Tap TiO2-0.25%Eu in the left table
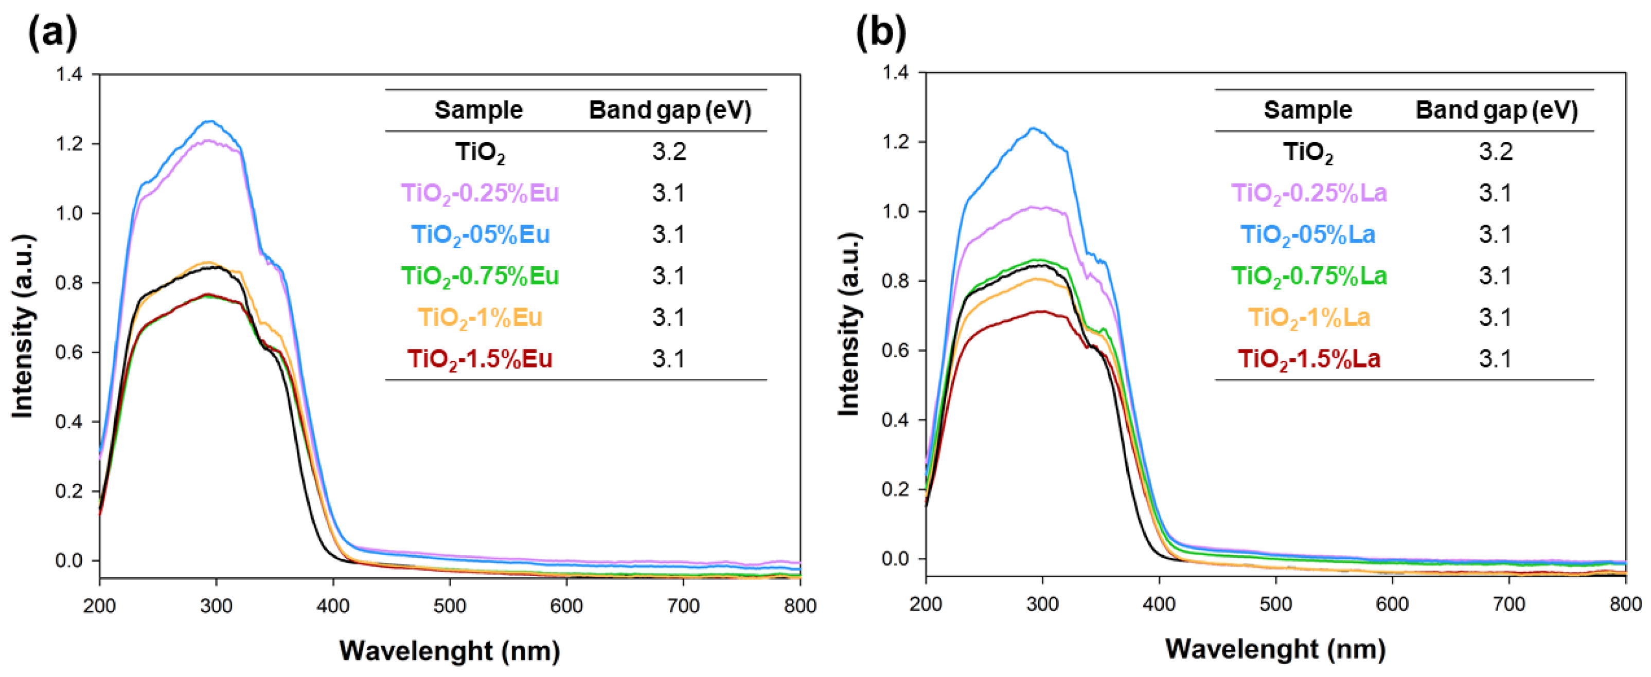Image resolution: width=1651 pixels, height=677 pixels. tap(480, 193)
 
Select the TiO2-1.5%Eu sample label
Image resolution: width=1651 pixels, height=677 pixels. tap(480, 359)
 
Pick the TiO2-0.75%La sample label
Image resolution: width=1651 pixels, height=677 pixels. tap(1309, 276)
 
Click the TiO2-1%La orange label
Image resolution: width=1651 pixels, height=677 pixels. tap(1309, 318)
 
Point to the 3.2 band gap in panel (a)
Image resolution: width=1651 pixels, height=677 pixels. tap(669, 152)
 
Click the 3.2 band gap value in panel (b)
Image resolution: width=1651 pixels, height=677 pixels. tap(1496, 152)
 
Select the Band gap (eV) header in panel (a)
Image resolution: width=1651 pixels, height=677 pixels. tap(670, 110)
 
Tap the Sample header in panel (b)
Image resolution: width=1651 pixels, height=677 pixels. tap(1307, 110)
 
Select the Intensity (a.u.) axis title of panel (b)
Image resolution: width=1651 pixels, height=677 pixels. tap(849, 323)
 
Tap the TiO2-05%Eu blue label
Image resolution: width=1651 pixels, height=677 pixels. tap(480, 234)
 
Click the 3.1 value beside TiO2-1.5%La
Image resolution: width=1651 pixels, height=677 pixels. tap(1496, 359)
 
